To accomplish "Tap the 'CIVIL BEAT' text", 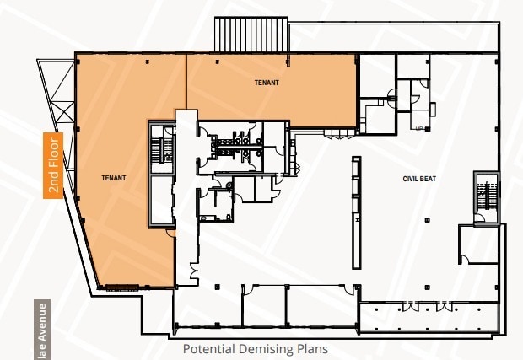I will click(x=418, y=180).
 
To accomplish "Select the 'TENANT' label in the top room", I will click(x=267, y=83).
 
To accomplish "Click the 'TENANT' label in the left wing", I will click(x=113, y=178).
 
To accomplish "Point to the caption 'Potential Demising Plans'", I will click(x=255, y=348).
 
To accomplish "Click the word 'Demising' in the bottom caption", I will click(x=265, y=348).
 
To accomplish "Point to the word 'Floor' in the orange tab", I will click(x=54, y=153).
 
